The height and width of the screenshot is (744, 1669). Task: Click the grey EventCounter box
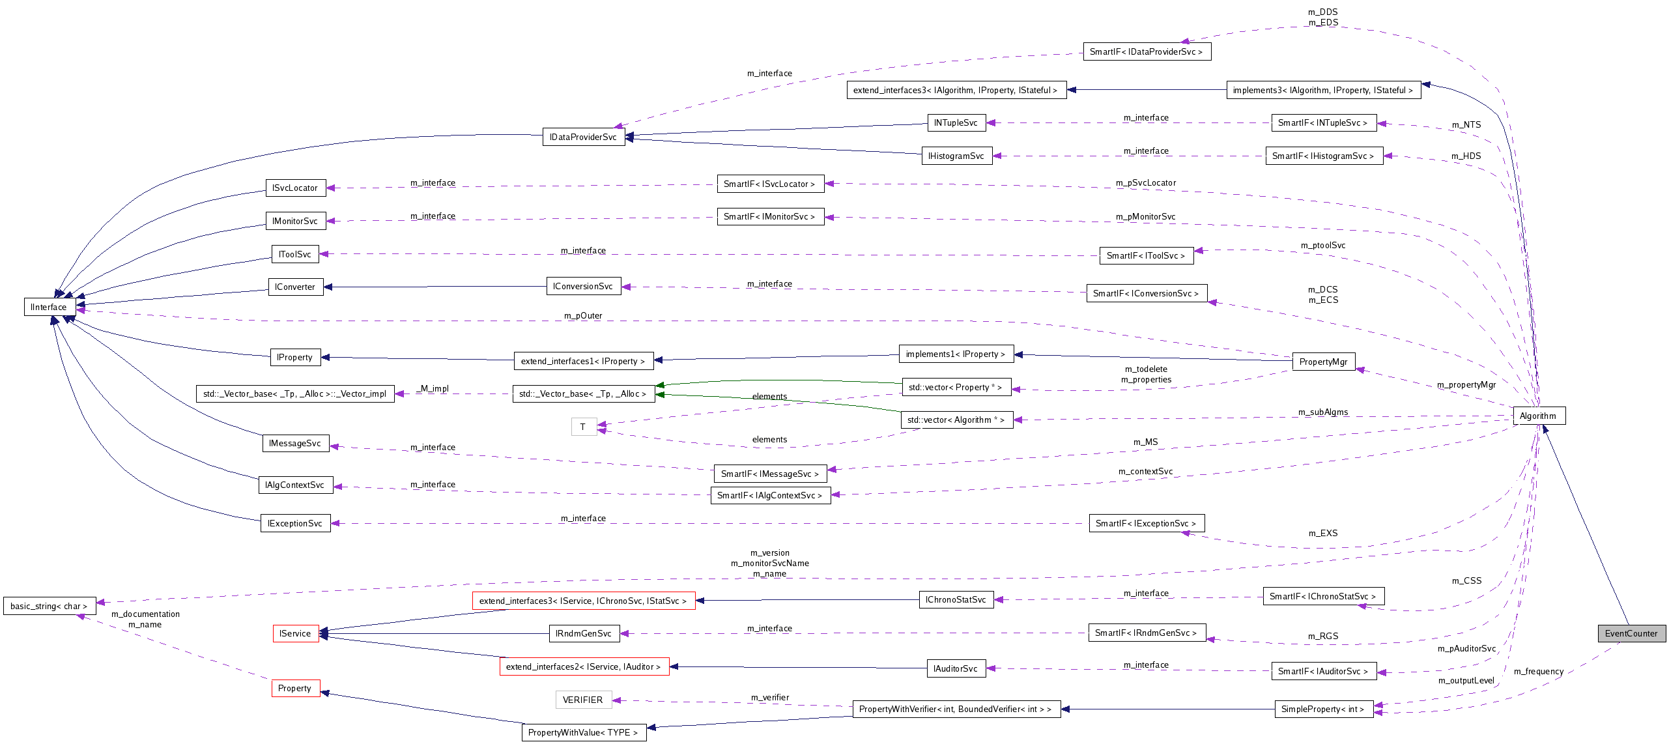(1631, 633)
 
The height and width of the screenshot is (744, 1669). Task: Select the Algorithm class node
(1538, 416)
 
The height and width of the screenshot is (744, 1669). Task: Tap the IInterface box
(48, 307)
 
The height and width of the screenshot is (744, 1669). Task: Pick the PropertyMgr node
(1323, 362)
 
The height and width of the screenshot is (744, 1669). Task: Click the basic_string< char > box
(49, 606)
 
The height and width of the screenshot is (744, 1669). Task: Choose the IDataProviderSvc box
(583, 137)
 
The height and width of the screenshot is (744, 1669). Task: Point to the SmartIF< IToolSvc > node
(1146, 255)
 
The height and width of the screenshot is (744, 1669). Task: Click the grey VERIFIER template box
(583, 700)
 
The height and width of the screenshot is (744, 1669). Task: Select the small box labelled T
(583, 427)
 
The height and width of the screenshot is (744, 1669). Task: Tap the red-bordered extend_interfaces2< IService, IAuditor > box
(584, 666)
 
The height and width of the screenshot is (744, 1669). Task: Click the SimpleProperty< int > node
(1323, 709)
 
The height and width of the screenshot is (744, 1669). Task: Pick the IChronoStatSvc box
(956, 599)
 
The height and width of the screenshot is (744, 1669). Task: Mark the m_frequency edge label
(1539, 671)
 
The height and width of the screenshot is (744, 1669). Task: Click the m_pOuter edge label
(583, 315)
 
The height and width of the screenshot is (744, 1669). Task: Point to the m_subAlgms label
(1323, 412)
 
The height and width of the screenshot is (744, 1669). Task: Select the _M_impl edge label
(434, 388)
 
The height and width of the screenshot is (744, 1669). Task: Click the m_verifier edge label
(769, 697)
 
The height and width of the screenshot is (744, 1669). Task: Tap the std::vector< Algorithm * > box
(956, 420)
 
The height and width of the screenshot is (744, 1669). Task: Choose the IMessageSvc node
(295, 443)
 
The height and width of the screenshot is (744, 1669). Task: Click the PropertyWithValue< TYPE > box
(583, 732)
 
